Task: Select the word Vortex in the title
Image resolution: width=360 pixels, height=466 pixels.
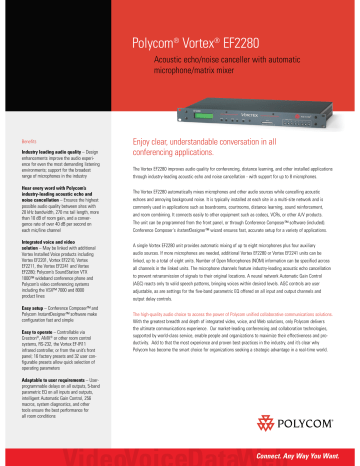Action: pyautogui.click(x=200, y=46)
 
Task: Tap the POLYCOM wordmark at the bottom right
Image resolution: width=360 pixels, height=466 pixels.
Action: pyautogui.click(x=318, y=428)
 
